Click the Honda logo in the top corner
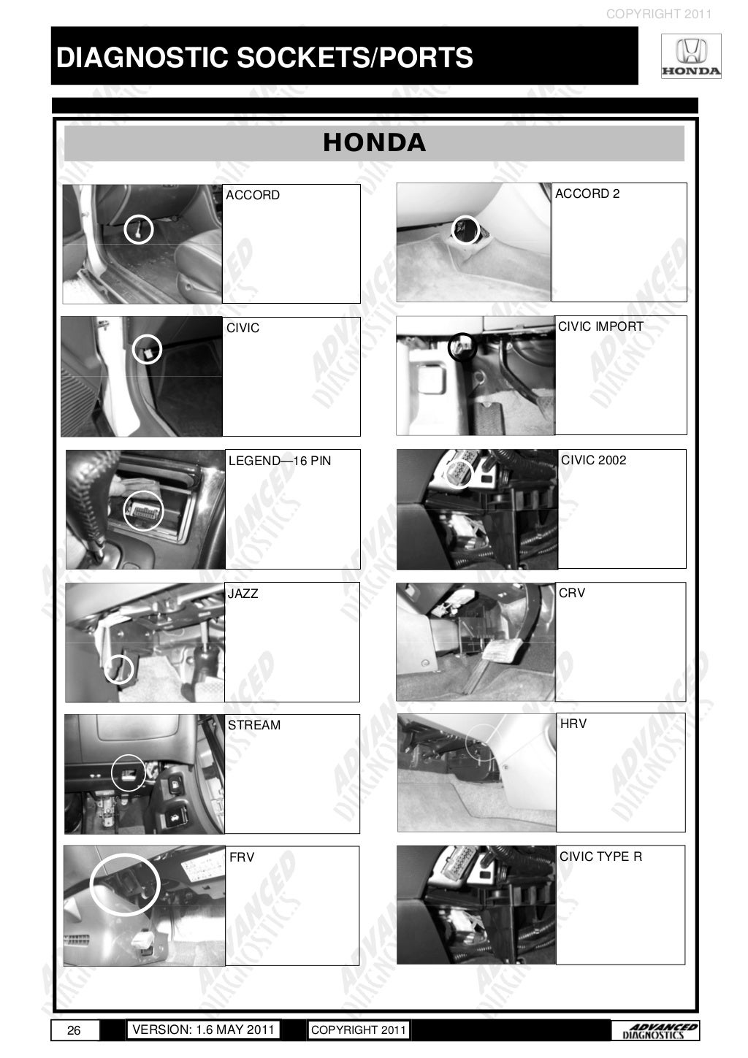690,58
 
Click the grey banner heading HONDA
374,142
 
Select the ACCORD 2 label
587,193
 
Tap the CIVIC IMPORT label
600,326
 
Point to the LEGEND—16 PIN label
280,461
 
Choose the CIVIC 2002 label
593,460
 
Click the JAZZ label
243,594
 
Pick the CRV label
572,593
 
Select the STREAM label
254,725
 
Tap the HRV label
573,724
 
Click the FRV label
242,857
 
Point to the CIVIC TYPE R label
600,856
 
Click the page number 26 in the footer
74,1030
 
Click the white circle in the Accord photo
138,229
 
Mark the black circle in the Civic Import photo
462,346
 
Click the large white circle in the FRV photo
125,883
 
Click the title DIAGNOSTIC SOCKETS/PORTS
264,57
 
